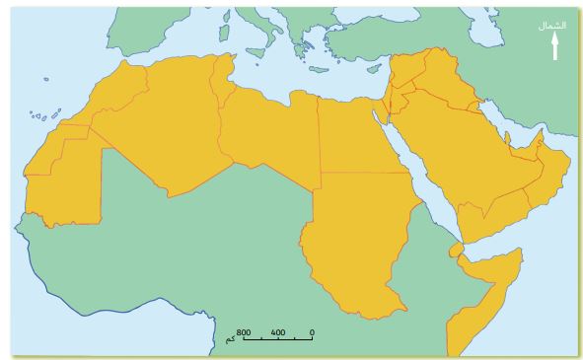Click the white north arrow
[x=555, y=45]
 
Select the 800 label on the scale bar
[x=245, y=331]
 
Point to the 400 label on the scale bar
[x=278, y=331]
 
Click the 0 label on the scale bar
[x=312, y=331]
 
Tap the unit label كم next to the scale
[x=229, y=340]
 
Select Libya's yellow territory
[x=266, y=133]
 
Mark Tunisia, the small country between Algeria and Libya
[x=226, y=79]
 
